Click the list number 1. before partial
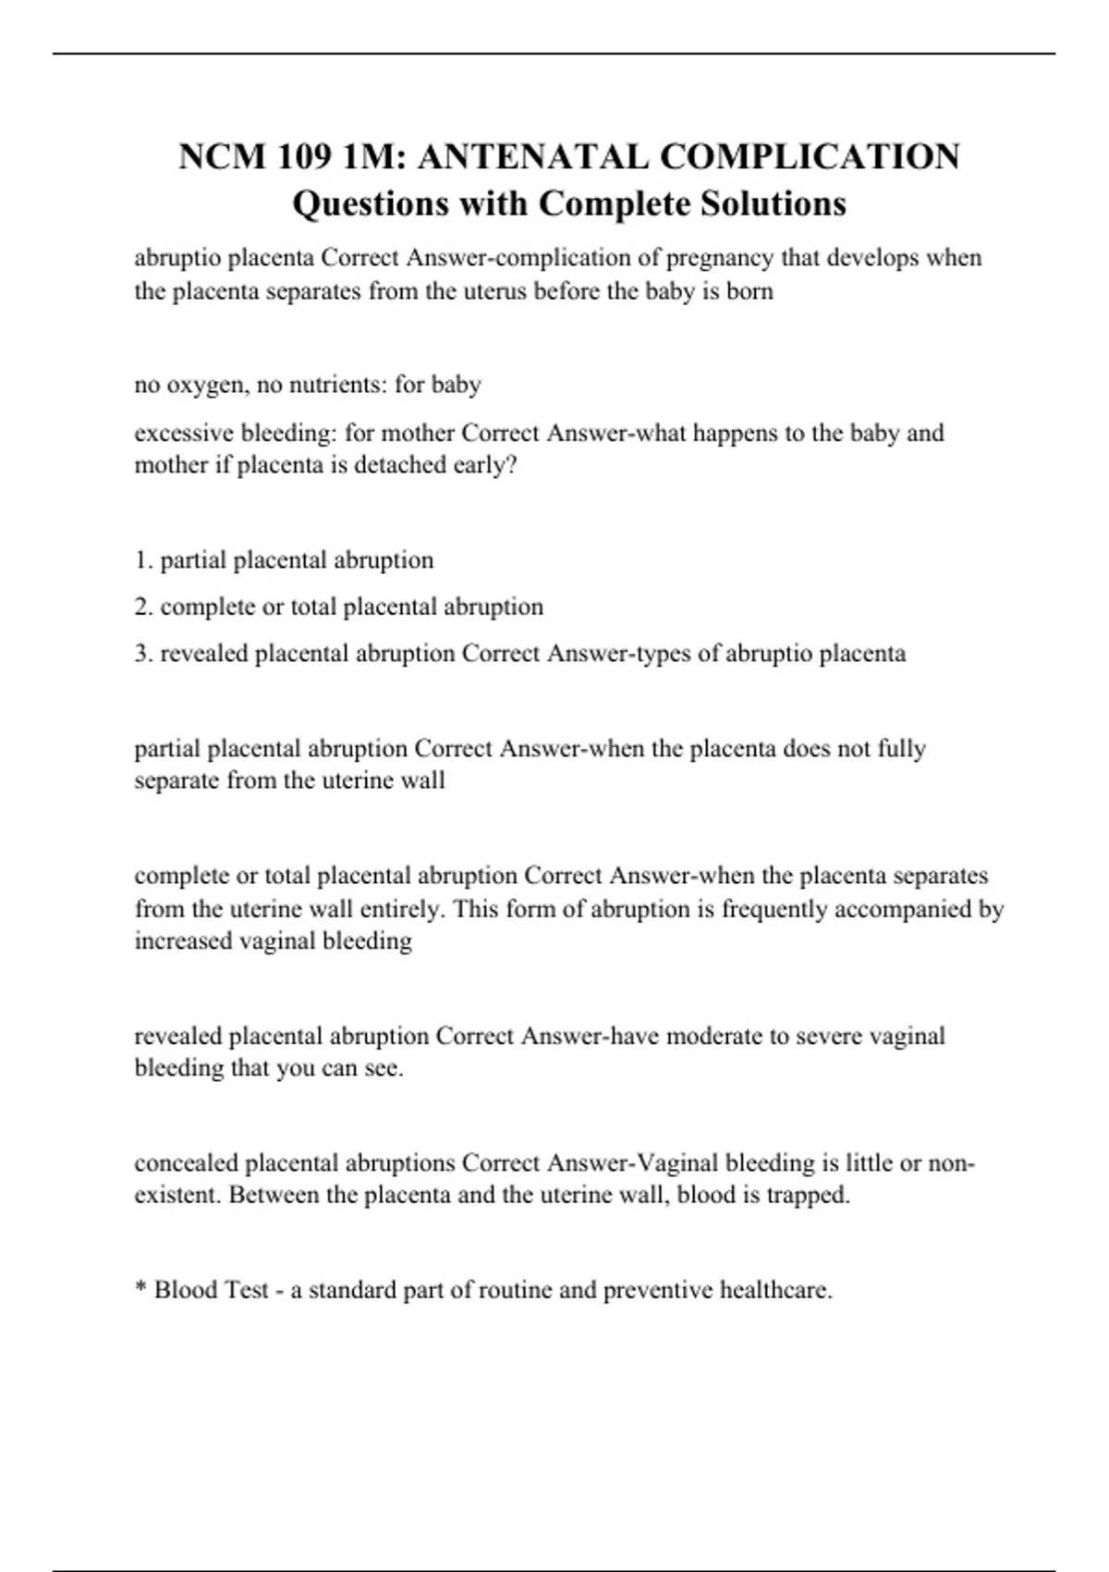(143, 560)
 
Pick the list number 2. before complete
(143, 608)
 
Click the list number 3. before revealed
(143, 654)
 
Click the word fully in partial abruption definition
(901, 749)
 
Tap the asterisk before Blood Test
(140, 1287)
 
